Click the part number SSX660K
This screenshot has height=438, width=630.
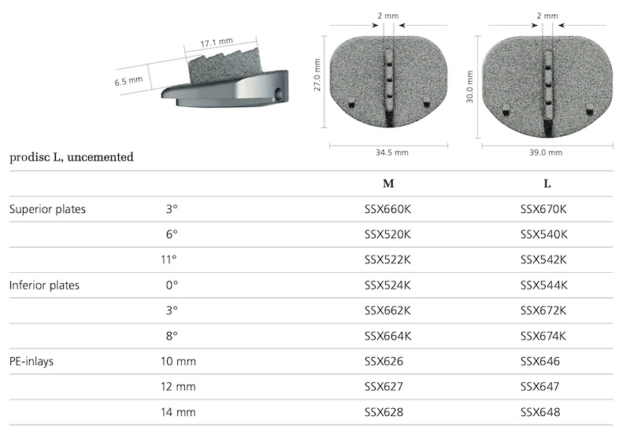coord(387,209)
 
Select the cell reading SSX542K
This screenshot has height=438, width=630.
coord(543,260)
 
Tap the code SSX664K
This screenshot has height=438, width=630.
coord(387,336)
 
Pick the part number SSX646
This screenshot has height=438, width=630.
coord(540,362)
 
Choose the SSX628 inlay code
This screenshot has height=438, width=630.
coord(384,412)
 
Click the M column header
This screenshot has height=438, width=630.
coord(388,184)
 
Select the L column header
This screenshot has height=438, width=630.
coord(547,184)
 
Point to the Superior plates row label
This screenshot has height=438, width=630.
coord(47,209)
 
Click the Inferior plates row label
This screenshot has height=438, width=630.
coord(44,285)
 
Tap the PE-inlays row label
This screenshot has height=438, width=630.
coord(31,362)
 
